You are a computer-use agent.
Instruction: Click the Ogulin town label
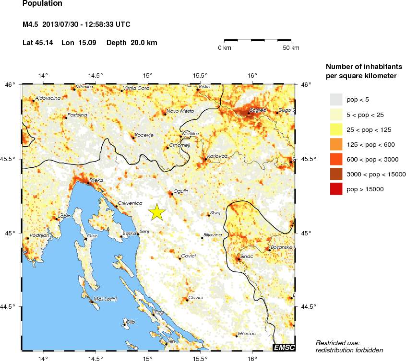[181, 191]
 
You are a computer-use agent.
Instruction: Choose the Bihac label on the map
[247, 256]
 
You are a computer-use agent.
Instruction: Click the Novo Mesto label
[180, 111]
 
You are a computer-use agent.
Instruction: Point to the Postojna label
[77, 115]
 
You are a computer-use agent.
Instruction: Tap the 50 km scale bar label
[291, 48]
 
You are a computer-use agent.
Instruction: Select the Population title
[42, 3]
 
